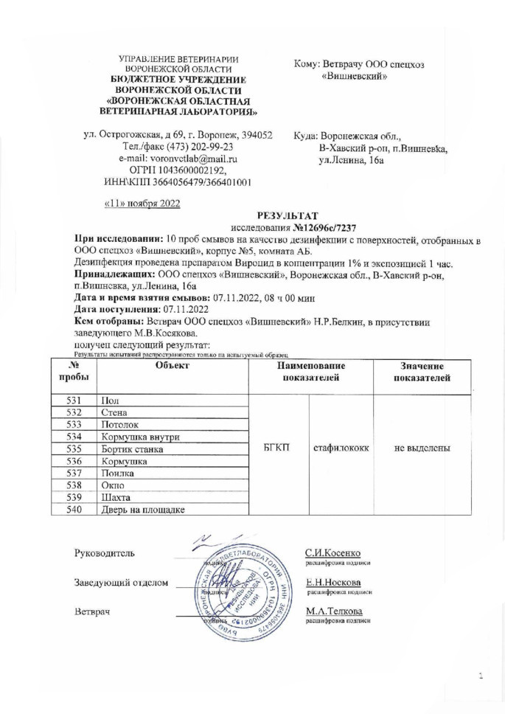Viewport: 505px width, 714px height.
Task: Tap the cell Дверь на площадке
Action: pyautogui.click(x=143, y=508)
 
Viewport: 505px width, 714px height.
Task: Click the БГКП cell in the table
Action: pyautogui.click(x=277, y=448)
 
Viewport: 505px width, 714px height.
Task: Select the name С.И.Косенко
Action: pyautogui.click(x=332, y=554)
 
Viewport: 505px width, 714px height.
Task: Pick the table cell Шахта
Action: pyautogui.click(x=115, y=496)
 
